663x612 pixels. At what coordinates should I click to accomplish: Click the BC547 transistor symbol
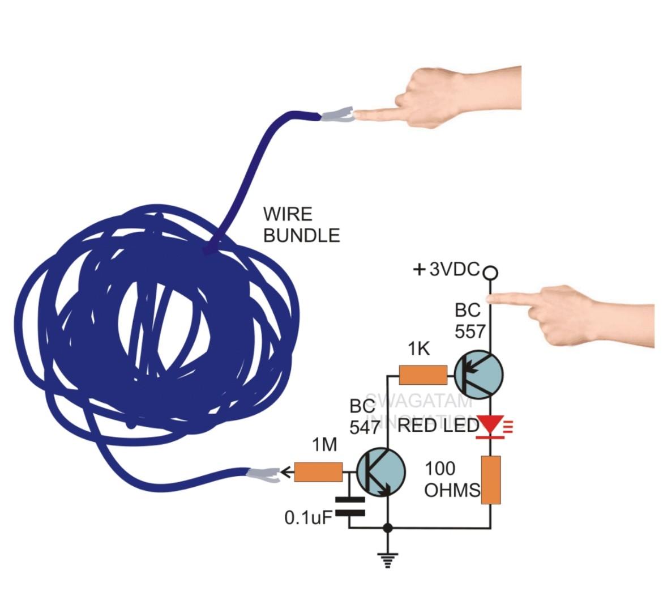tap(381, 471)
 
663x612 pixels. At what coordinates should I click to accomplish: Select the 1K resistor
tap(423, 375)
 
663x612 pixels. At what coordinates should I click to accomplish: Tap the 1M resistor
tap(318, 471)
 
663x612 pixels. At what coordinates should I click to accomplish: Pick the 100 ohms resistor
tap(490, 479)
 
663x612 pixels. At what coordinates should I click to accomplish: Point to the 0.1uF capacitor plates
tap(349, 506)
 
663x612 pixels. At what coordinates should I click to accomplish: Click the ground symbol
tap(388, 559)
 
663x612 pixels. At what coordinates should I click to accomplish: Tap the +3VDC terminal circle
tap(491, 273)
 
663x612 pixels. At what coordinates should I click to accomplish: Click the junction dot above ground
tap(388, 528)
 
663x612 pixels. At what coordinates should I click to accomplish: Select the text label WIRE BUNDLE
tap(301, 225)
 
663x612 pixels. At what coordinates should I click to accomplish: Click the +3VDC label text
tap(448, 270)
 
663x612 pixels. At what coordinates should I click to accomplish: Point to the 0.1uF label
tap(306, 517)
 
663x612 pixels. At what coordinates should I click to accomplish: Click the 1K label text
tap(419, 350)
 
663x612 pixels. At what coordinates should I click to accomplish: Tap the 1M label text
tap(324, 446)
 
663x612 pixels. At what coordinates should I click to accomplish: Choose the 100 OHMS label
tap(451, 479)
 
